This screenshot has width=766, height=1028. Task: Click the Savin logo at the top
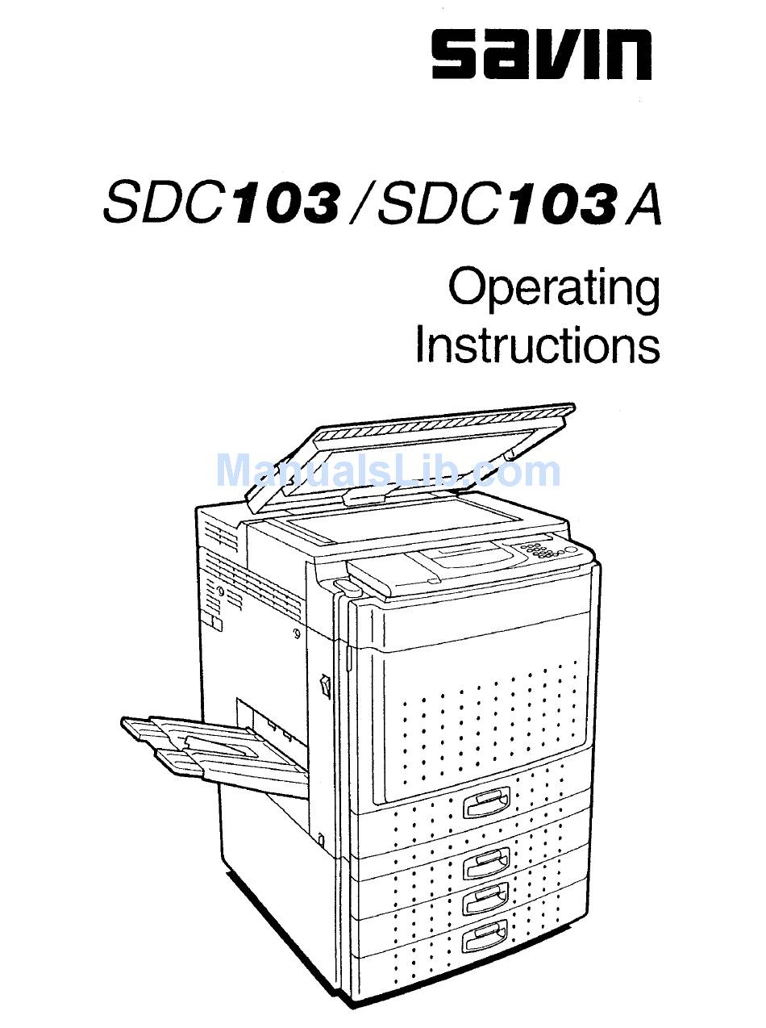point(541,55)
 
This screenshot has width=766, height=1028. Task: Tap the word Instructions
point(537,345)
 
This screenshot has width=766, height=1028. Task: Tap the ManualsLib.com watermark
point(388,471)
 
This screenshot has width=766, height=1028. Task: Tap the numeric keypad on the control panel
point(541,550)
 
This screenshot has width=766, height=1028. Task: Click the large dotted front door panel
point(484,694)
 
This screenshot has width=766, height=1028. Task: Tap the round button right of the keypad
point(572,553)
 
